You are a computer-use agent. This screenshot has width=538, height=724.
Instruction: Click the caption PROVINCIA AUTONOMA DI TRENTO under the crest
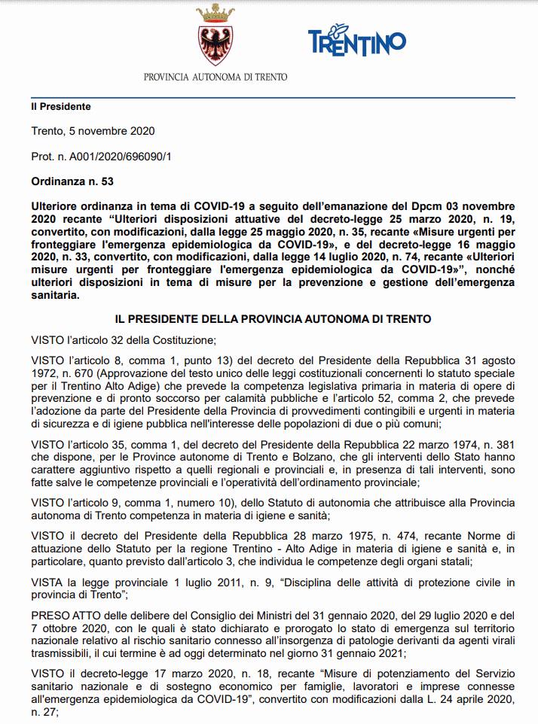[215, 77]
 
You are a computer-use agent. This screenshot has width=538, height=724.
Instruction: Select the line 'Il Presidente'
[61, 107]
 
